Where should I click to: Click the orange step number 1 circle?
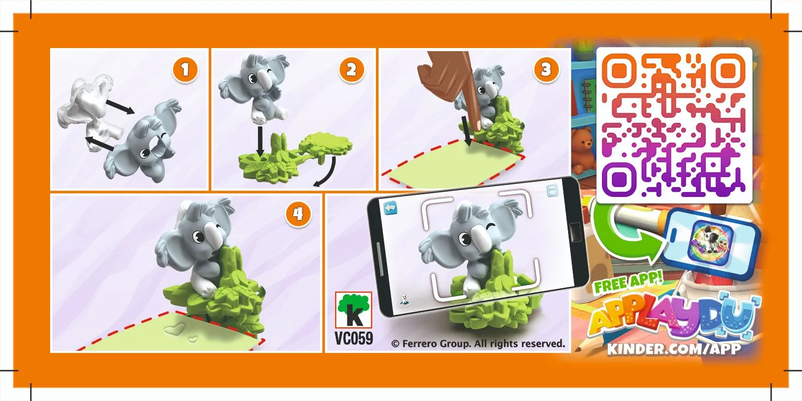(x=185, y=70)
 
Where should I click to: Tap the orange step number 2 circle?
(x=351, y=70)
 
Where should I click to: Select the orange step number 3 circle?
(x=546, y=70)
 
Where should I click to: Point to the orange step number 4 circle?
(x=298, y=215)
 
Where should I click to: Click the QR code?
(x=674, y=125)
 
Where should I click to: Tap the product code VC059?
(x=353, y=339)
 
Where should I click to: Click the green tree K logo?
(x=353, y=311)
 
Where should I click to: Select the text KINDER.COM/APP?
(x=674, y=349)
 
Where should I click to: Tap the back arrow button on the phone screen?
(x=391, y=208)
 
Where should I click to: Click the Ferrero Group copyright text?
(x=478, y=344)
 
